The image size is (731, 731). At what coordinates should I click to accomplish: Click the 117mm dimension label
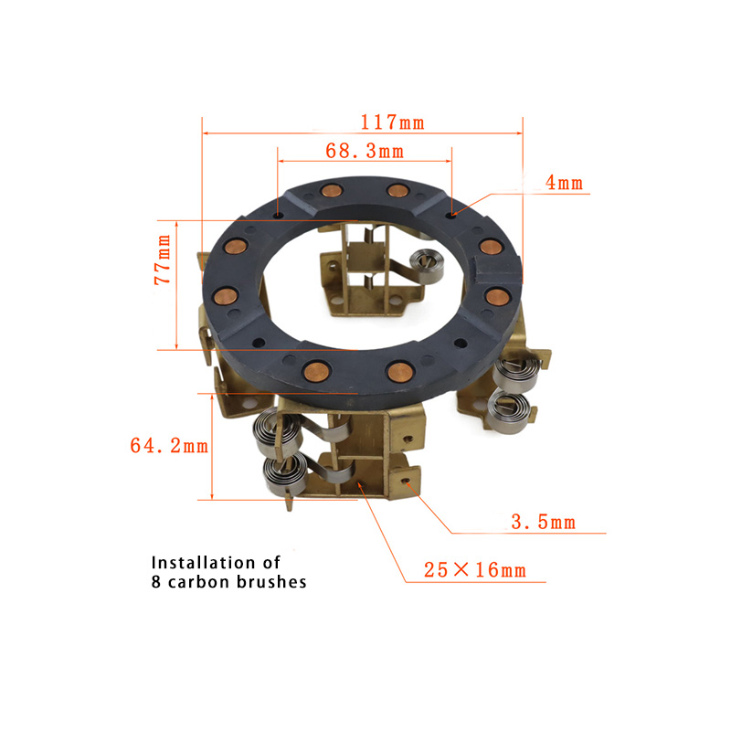pos(393,122)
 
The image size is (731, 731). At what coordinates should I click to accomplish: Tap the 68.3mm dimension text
pos(365,151)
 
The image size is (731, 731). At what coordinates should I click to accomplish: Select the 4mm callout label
pos(564,183)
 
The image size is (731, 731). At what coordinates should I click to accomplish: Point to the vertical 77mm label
pos(163,260)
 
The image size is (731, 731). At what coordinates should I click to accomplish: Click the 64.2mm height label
pos(169,446)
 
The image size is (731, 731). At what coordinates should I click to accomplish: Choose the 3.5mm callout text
pos(543,522)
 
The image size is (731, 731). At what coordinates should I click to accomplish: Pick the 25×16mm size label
pos(474,570)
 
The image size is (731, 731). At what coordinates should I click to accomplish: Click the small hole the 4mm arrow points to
pos(450,215)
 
